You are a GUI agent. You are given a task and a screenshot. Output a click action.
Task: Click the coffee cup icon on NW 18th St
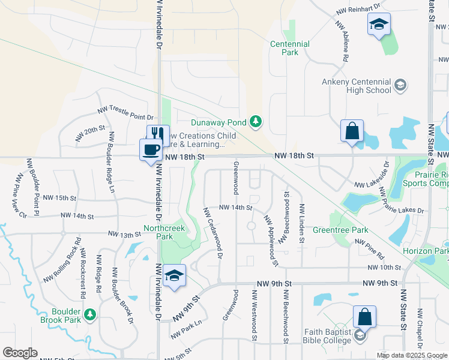(x=150, y=149)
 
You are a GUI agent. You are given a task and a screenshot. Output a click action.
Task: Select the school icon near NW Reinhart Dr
(x=379, y=25)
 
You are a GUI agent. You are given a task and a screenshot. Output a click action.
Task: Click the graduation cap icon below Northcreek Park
(x=174, y=275)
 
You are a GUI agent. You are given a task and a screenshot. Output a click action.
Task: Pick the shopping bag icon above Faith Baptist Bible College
(x=364, y=317)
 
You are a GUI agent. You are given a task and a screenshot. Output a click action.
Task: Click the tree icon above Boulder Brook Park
(x=90, y=314)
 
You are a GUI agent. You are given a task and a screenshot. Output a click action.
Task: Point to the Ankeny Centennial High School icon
(x=399, y=86)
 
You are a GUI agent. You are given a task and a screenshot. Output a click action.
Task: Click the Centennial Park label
(x=290, y=48)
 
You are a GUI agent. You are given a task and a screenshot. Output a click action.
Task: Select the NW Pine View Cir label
(x=20, y=195)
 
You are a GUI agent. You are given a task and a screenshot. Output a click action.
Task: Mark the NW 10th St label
(x=384, y=267)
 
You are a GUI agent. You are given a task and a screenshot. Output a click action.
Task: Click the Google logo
(x=20, y=353)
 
